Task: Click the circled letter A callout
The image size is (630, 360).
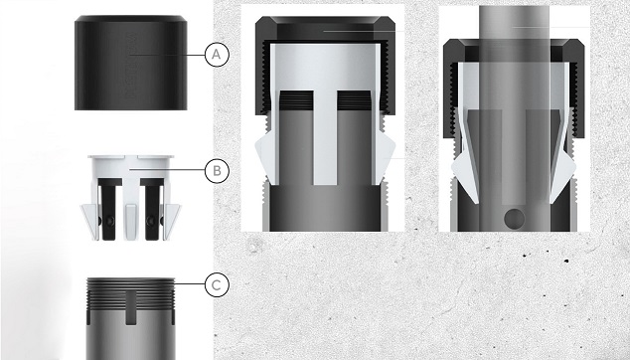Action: (217, 55)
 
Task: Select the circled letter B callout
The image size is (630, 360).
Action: (217, 170)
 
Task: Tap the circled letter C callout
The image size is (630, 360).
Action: (217, 285)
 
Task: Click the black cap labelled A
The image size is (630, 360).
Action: (130, 63)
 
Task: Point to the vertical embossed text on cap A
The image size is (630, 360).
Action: (131, 67)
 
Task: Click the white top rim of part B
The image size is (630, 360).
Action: (131, 156)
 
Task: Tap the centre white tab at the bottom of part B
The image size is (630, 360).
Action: (131, 221)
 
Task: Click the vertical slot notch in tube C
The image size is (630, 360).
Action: (131, 307)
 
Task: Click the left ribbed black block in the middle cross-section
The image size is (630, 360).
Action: (296, 100)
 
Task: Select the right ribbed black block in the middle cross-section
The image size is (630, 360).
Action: (354, 100)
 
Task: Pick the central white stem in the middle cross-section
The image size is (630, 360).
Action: (325, 137)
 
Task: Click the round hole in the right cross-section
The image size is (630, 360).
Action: (515, 218)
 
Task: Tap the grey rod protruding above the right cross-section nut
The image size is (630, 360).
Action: (514, 23)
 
